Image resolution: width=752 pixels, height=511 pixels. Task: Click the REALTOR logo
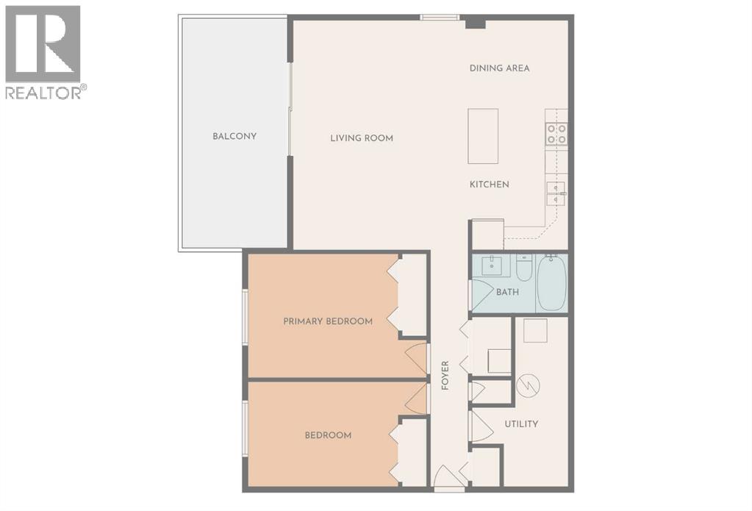(43, 51)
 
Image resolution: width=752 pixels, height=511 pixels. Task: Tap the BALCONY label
(234, 136)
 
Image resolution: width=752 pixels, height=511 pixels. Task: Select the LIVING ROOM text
(361, 137)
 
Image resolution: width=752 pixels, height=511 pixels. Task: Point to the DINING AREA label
(500, 68)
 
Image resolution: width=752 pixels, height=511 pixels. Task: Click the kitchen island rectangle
(483, 136)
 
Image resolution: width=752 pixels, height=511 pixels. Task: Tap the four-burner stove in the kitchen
(556, 133)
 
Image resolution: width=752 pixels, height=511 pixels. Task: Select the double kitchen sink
(556, 193)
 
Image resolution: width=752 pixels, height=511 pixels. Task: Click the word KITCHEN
(490, 184)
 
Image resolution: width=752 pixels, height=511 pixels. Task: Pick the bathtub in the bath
(552, 283)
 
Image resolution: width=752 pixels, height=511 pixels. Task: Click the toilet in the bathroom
(523, 270)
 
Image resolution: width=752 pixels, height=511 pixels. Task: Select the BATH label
(507, 292)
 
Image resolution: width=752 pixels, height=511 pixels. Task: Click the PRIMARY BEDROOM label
(328, 321)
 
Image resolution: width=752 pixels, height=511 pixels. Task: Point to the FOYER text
(445, 376)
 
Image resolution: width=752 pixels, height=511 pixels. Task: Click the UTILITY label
(521, 424)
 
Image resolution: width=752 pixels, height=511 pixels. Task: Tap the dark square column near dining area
(476, 23)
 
